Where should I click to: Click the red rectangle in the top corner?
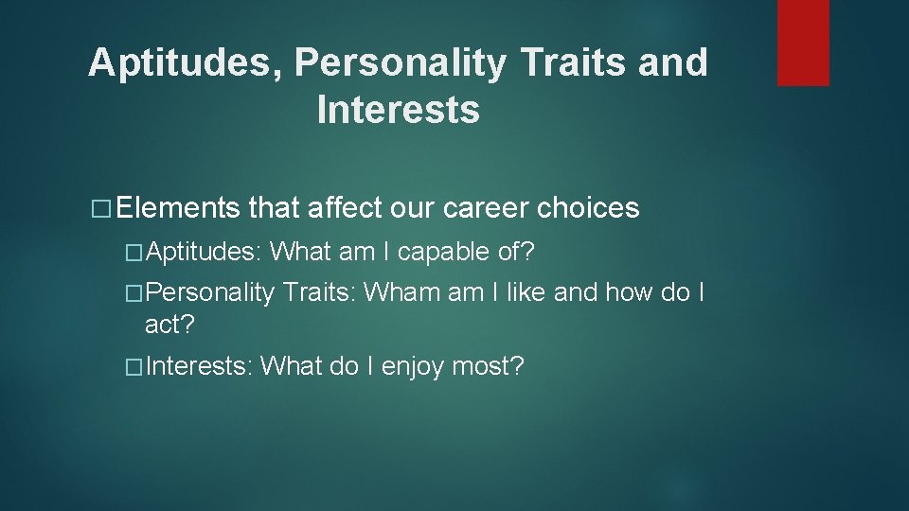[x=803, y=43]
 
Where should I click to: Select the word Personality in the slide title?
[x=401, y=63]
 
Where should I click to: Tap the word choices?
[x=588, y=208]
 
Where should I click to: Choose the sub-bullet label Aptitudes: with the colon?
[x=205, y=252]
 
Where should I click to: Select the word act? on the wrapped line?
[x=169, y=325]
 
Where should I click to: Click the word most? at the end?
[x=488, y=366]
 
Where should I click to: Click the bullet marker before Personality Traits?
[x=134, y=293]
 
